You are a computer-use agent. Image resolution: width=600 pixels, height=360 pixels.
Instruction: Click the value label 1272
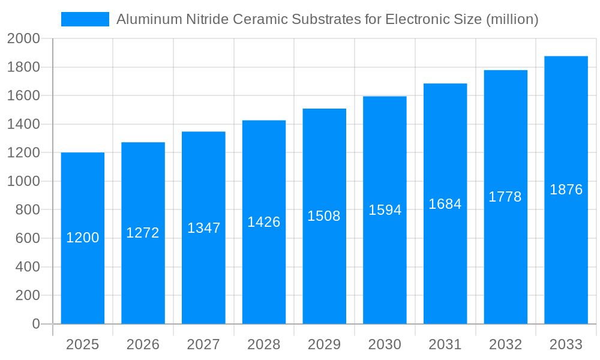click(x=143, y=233)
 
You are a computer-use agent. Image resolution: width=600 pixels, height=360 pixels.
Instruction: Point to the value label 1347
click(x=204, y=228)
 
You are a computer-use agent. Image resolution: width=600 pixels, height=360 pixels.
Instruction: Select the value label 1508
click(x=324, y=216)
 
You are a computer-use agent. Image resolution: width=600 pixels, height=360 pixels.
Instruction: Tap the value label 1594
click(x=385, y=210)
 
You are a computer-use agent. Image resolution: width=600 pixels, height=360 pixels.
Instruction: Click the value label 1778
click(x=505, y=197)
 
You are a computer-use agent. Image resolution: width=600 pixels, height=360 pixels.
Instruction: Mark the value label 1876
click(x=566, y=190)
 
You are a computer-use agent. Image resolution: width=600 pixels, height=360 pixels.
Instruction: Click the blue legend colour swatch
click(x=85, y=19)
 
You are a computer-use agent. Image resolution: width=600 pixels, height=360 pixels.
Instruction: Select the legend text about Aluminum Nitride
click(x=327, y=19)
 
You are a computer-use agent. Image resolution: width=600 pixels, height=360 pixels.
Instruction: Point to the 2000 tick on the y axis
click(x=23, y=39)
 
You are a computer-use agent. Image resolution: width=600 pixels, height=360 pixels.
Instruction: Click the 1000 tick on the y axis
click(x=23, y=181)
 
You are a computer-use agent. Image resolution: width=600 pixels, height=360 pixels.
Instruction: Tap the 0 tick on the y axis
click(x=35, y=324)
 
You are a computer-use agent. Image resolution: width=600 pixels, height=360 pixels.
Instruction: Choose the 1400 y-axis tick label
click(x=23, y=124)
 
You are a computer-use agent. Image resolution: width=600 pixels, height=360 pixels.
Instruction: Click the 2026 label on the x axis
click(x=143, y=344)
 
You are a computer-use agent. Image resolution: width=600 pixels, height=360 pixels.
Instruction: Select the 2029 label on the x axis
click(x=324, y=344)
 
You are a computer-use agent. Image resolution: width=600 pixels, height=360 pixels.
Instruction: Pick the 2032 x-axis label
click(x=505, y=344)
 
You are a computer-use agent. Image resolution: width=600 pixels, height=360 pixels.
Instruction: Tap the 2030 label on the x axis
click(x=385, y=344)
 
